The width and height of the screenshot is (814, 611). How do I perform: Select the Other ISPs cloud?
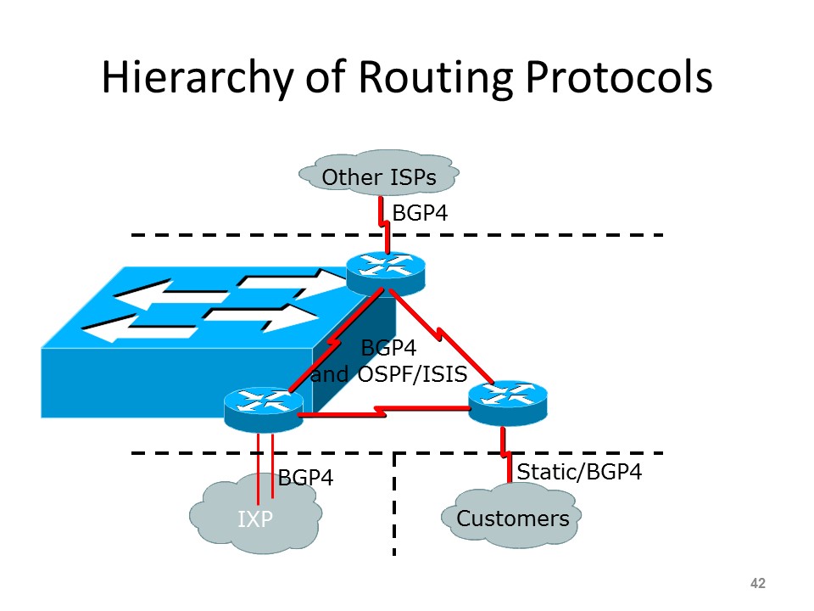pos(379,177)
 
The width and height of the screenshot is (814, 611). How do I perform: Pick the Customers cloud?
pos(512,518)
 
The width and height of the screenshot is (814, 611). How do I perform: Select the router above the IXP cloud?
pos(264,407)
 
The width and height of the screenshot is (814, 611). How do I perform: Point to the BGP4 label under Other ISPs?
pos(419,212)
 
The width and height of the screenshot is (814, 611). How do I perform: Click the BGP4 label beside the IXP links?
pos(305,478)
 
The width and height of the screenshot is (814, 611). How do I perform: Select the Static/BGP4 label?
pos(579,472)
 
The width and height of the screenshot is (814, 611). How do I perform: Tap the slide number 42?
pos(758,583)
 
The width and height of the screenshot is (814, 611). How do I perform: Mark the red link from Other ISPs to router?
pos(383,222)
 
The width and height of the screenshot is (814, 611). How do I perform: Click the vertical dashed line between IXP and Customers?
pos(395,505)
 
